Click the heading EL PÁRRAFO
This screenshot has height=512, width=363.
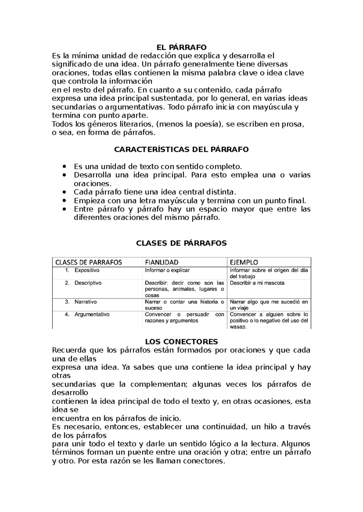(x=181, y=47)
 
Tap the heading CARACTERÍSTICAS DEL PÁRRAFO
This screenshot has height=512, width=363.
(x=181, y=149)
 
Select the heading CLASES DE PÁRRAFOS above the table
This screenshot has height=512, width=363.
(x=181, y=243)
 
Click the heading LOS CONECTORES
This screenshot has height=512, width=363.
(x=181, y=342)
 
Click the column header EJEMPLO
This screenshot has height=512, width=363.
(x=244, y=262)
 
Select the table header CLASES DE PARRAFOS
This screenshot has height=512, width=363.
(x=89, y=262)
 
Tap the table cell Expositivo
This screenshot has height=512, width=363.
(x=87, y=270)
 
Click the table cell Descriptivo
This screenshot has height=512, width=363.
(x=88, y=283)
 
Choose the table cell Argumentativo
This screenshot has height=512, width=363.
(x=92, y=315)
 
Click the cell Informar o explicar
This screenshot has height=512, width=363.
(x=167, y=270)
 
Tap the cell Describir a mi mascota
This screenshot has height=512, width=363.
(x=257, y=283)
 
